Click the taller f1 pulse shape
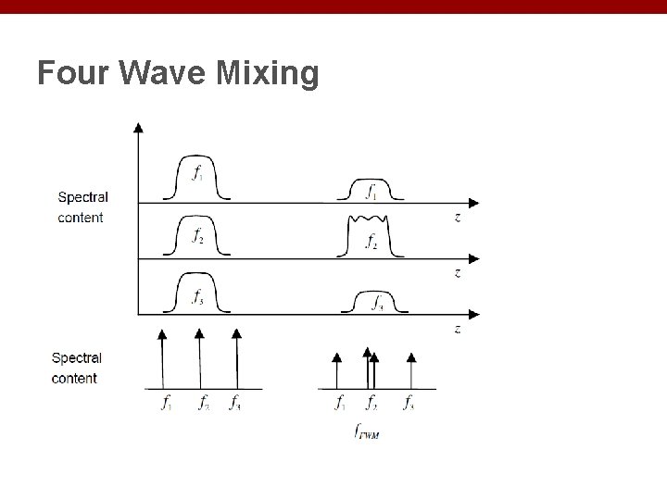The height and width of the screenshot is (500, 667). tap(196, 178)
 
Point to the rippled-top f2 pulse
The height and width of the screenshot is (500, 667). tap(369, 236)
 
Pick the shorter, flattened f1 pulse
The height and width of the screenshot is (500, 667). tap(370, 190)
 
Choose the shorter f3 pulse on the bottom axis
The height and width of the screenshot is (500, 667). tap(375, 302)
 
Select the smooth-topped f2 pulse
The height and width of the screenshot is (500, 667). tap(196, 236)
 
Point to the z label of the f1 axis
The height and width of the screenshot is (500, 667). tap(458, 219)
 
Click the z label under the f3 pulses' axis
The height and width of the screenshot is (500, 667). tap(458, 330)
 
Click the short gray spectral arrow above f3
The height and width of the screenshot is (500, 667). tap(410, 369)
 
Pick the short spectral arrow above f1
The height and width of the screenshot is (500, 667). tap(336, 369)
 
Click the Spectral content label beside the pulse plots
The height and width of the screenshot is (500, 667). tap(82, 207)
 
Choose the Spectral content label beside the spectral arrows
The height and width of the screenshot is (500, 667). tap(76, 368)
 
